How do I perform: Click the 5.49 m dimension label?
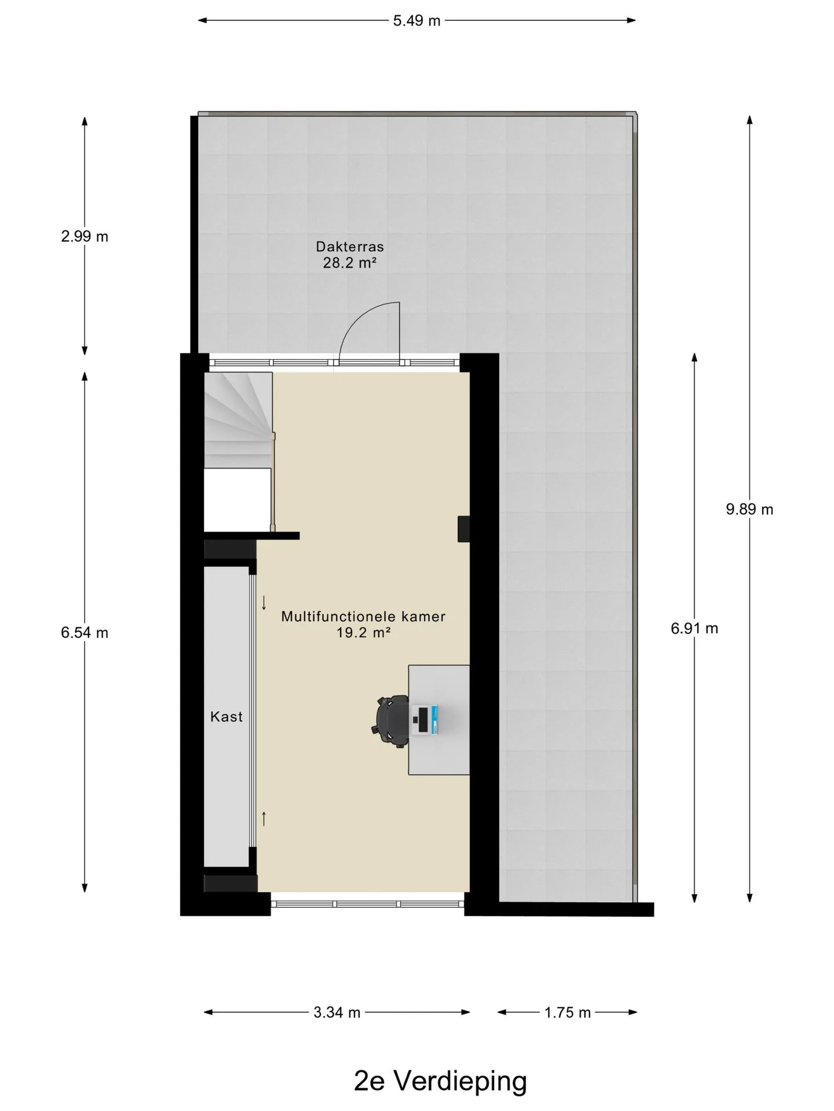(416, 21)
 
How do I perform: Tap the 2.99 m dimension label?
(85, 237)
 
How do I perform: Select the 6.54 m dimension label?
(85, 632)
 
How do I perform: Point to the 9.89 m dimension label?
(749, 509)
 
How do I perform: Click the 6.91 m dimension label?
(694, 628)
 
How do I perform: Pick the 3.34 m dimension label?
(337, 1012)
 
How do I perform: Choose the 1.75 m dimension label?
(568, 1012)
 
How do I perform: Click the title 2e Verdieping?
(441, 1080)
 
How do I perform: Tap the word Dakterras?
(350, 247)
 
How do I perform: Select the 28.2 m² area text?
(350, 263)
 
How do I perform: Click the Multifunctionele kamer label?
(363, 616)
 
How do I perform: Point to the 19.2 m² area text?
(364, 632)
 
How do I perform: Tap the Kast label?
(226, 717)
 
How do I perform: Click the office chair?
(390, 720)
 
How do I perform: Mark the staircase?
(238, 420)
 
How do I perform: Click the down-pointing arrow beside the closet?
(264, 603)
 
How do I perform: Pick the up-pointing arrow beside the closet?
(264, 818)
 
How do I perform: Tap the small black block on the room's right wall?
(463, 529)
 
